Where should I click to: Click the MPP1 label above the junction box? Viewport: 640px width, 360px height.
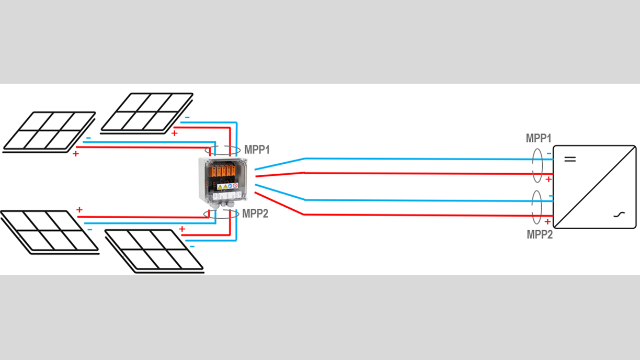[x=257, y=150]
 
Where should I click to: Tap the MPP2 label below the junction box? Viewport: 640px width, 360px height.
[x=255, y=213]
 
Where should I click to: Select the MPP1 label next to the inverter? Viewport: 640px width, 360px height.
[x=539, y=139]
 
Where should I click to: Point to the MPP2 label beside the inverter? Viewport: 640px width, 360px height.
[x=540, y=234]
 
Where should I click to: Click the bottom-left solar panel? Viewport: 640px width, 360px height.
[x=49, y=231]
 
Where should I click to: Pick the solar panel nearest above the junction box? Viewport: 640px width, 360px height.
[x=147, y=111]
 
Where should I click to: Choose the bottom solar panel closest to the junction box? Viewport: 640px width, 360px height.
[x=155, y=250]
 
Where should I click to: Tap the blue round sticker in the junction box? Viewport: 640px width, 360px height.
[x=230, y=186]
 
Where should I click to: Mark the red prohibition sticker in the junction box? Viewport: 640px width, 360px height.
[x=235, y=186]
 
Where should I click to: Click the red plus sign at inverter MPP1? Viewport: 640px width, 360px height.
[x=548, y=179]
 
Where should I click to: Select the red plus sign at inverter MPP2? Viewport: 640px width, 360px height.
[x=548, y=221]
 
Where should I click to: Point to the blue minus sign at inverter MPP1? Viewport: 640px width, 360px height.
[x=548, y=153]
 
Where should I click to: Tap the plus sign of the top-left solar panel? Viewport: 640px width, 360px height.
[x=76, y=154]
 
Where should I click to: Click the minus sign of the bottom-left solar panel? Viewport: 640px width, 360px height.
[x=89, y=229]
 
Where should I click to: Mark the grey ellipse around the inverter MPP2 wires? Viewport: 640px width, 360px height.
[x=536, y=208]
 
